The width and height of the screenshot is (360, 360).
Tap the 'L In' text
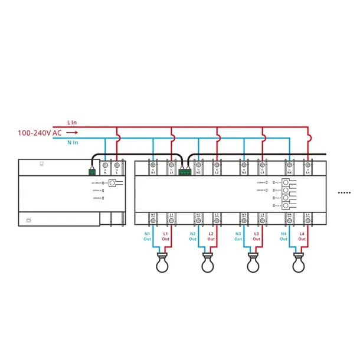71,123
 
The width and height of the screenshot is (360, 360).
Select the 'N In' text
73,142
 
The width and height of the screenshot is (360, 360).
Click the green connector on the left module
92,172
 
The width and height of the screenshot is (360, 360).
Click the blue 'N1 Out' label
148,237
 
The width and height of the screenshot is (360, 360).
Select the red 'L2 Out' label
211,237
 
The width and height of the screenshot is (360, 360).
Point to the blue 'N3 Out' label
238,237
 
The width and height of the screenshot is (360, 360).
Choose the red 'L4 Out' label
302,237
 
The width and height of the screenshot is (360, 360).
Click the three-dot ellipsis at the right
343,192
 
